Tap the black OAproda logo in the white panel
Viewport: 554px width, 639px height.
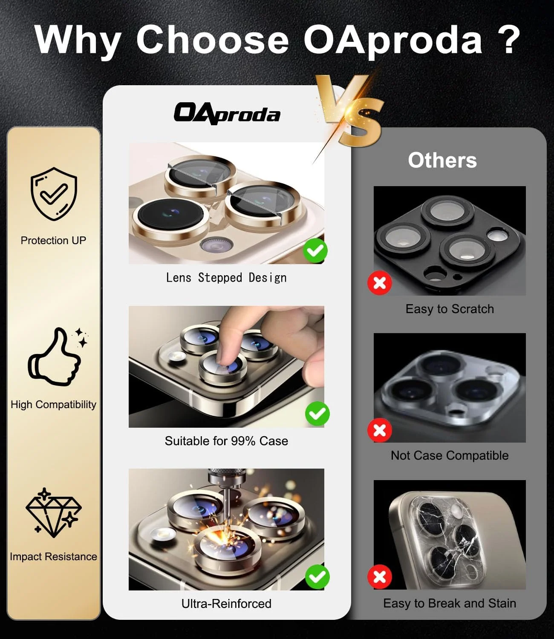(227, 114)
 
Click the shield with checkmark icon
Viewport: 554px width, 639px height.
(54, 194)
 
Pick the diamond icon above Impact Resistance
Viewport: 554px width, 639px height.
(54, 513)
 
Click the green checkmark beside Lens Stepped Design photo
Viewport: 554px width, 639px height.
(315, 250)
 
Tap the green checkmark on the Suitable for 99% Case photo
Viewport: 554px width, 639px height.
(317, 414)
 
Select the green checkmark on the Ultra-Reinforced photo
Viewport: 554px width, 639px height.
(317, 577)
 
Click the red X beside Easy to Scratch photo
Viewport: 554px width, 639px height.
(380, 283)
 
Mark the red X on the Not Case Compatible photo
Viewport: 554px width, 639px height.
(380, 430)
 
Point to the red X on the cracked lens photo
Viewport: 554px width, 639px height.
(380, 576)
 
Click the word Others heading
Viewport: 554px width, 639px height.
(442, 160)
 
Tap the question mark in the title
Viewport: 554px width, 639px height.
(509, 40)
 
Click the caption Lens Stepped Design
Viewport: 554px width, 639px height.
(226, 278)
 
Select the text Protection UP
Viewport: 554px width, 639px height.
(54, 240)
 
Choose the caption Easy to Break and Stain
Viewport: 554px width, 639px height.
(450, 603)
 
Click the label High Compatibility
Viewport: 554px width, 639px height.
(54, 404)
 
